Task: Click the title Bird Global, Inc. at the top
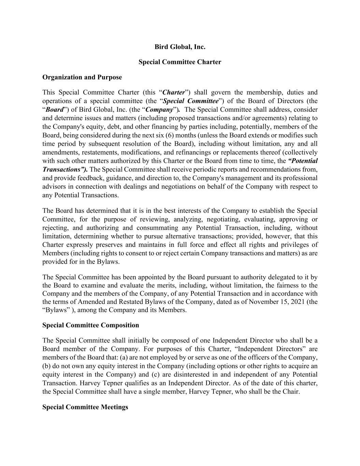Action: pos(180,47)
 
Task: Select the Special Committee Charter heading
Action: pos(180,62)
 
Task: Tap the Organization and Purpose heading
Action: pos(82,77)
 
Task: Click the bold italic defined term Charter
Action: pos(174,93)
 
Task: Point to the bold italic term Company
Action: pos(159,110)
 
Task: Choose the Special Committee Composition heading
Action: pos(91,325)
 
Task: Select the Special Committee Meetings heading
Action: pos(85,407)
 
